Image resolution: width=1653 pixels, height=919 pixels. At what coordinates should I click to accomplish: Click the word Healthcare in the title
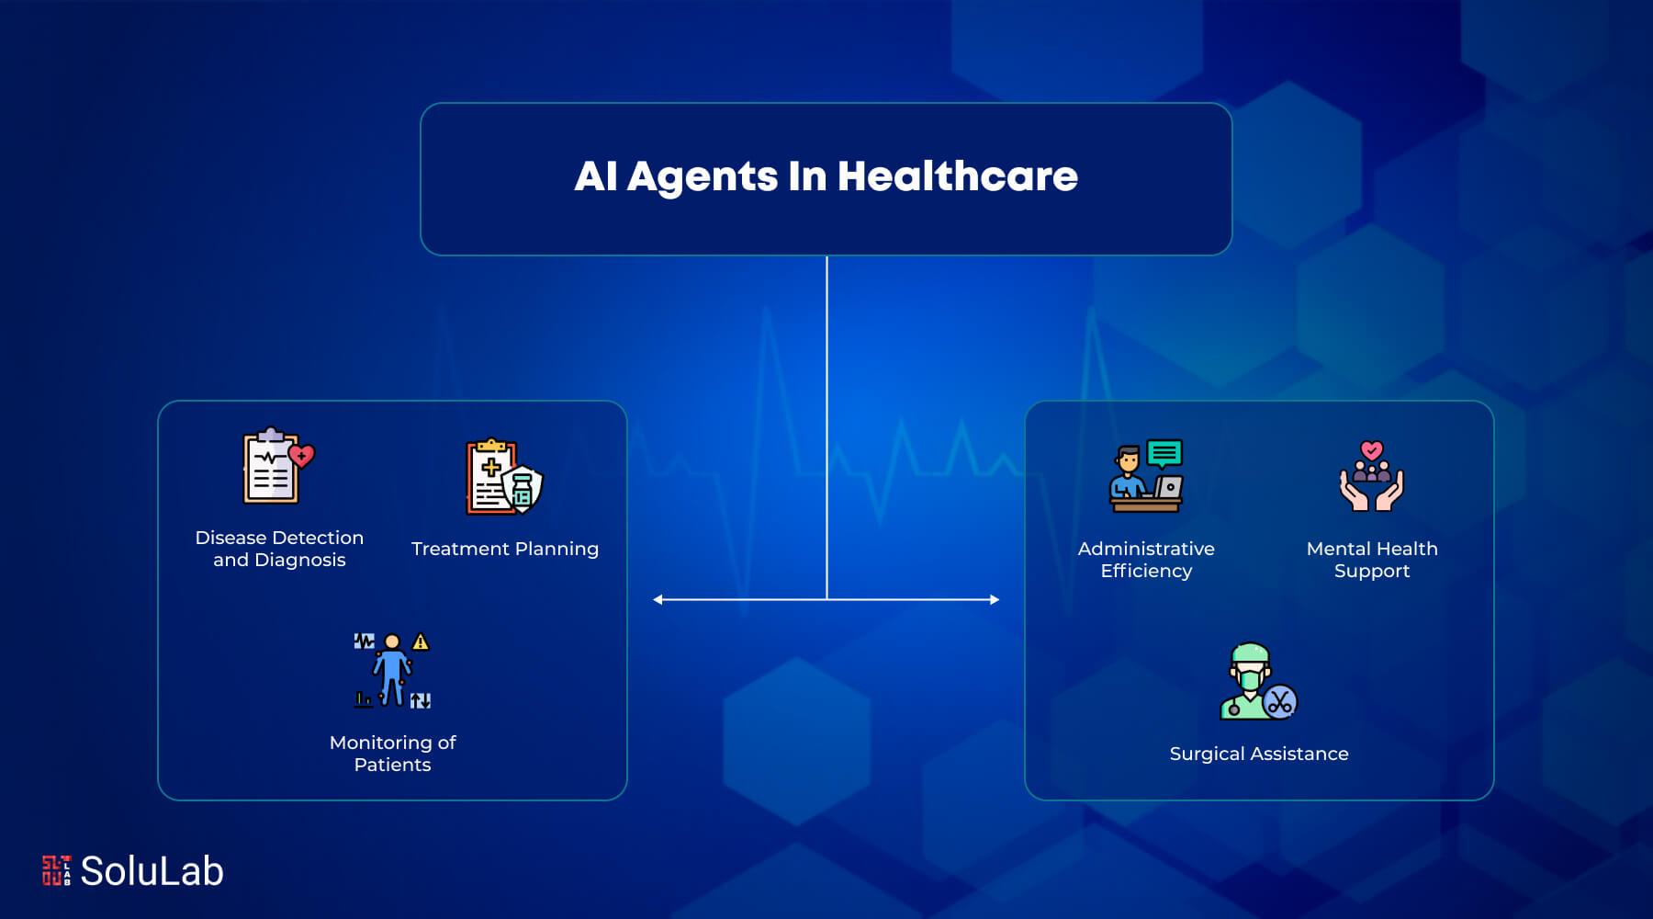click(957, 176)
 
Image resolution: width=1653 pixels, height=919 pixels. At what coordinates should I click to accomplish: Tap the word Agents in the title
click(703, 177)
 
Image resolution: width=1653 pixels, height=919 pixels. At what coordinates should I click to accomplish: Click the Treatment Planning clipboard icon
click(504, 477)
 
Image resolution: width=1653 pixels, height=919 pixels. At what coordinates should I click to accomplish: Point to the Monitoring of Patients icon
click(392, 670)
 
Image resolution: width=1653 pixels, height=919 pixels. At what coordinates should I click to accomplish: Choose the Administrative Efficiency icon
click(1146, 476)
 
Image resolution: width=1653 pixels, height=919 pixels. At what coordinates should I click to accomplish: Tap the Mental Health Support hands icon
click(1371, 476)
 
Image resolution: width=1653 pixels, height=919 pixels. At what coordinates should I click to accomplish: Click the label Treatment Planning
click(505, 549)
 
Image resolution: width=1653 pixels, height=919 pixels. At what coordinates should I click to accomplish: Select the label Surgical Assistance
click(1259, 754)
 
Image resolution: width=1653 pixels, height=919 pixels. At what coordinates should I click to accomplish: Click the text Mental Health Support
click(1372, 560)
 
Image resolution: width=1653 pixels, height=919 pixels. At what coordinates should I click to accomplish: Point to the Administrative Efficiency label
click(1146, 560)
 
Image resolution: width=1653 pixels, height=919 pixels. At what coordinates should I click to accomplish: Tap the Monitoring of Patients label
click(392, 754)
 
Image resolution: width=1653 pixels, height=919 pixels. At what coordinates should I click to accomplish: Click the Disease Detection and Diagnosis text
click(279, 549)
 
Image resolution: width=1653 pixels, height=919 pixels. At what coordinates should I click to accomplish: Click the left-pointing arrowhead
click(658, 599)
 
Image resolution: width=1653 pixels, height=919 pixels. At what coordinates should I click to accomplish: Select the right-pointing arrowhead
click(995, 599)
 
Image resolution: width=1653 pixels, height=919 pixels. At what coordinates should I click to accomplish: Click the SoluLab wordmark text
click(152, 871)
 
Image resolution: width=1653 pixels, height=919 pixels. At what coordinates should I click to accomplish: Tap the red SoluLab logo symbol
click(56, 870)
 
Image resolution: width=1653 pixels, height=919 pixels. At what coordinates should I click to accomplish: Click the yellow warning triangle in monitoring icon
click(421, 641)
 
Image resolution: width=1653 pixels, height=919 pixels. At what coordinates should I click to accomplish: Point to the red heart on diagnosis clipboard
click(301, 456)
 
